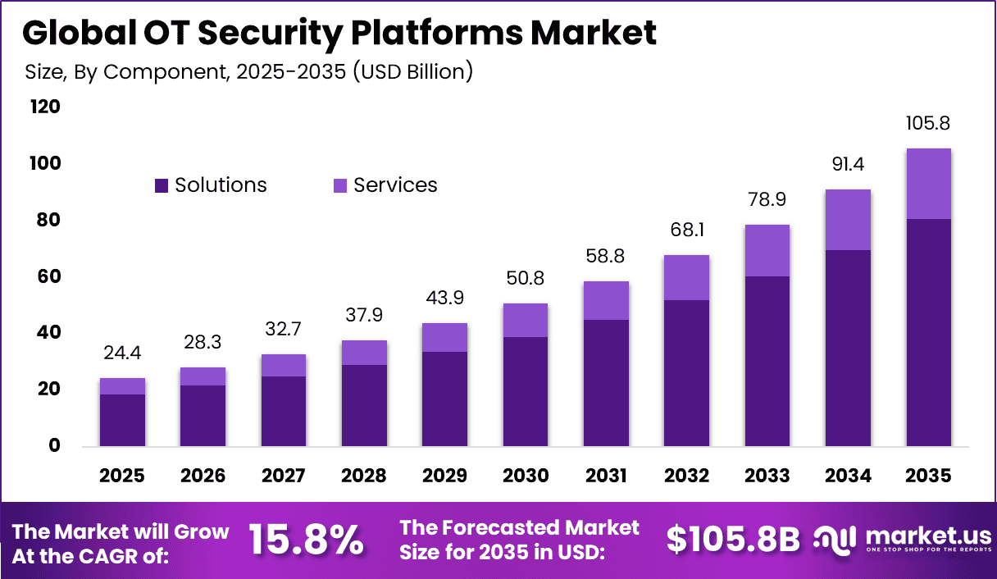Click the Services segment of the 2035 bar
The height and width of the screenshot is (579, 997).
pyautogui.click(x=928, y=184)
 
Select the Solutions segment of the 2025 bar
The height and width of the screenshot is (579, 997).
pyautogui.click(x=122, y=420)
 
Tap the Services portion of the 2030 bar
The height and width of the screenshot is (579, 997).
pyautogui.click(x=525, y=320)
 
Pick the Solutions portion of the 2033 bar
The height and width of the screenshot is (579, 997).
pyautogui.click(x=767, y=361)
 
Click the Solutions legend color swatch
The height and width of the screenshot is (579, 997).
pyautogui.click(x=162, y=186)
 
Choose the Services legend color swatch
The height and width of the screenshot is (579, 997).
pyautogui.click(x=340, y=186)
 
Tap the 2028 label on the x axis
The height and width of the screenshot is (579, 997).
pyautogui.click(x=364, y=476)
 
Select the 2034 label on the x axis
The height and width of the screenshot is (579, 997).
pyautogui.click(x=848, y=476)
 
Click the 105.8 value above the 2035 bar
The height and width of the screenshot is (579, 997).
pyautogui.click(x=928, y=124)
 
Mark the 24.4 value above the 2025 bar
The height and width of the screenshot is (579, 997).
pyautogui.click(x=122, y=353)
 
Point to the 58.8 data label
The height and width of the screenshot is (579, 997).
pyautogui.click(x=606, y=257)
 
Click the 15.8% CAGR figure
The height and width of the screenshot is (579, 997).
pyautogui.click(x=305, y=540)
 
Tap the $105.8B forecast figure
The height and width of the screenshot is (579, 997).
pyautogui.click(x=732, y=540)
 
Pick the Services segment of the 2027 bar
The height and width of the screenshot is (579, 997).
pyautogui.click(x=284, y=365)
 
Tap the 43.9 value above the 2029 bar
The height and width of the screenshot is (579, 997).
pyautogui.click(x=444, y=299)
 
